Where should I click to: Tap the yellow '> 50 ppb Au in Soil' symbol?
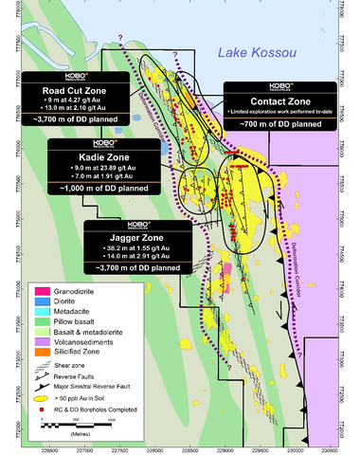(43, 406)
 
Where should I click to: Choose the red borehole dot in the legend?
(43, 415)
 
